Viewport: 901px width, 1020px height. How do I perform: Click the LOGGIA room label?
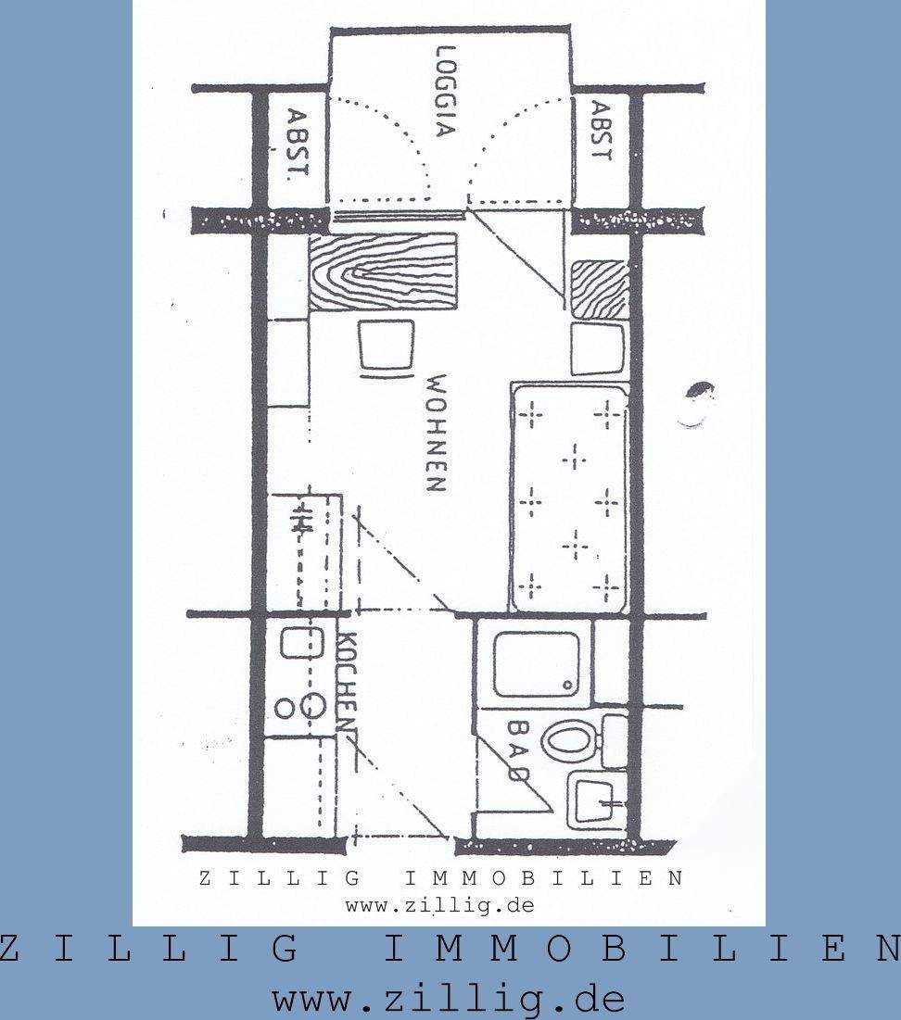tap(446, 92)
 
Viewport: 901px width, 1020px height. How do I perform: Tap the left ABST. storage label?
tap(297, 145)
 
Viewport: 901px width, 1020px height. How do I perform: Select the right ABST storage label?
tap(601, 132)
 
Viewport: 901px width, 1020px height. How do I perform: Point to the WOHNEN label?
tap(437, 433)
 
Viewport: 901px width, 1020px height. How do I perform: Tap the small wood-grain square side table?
tap(599, 290)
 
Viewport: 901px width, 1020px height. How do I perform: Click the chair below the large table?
tap(386, 348)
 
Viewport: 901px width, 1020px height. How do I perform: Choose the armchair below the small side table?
tap(597, 348)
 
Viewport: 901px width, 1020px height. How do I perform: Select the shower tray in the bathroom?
tap(536, 664)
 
